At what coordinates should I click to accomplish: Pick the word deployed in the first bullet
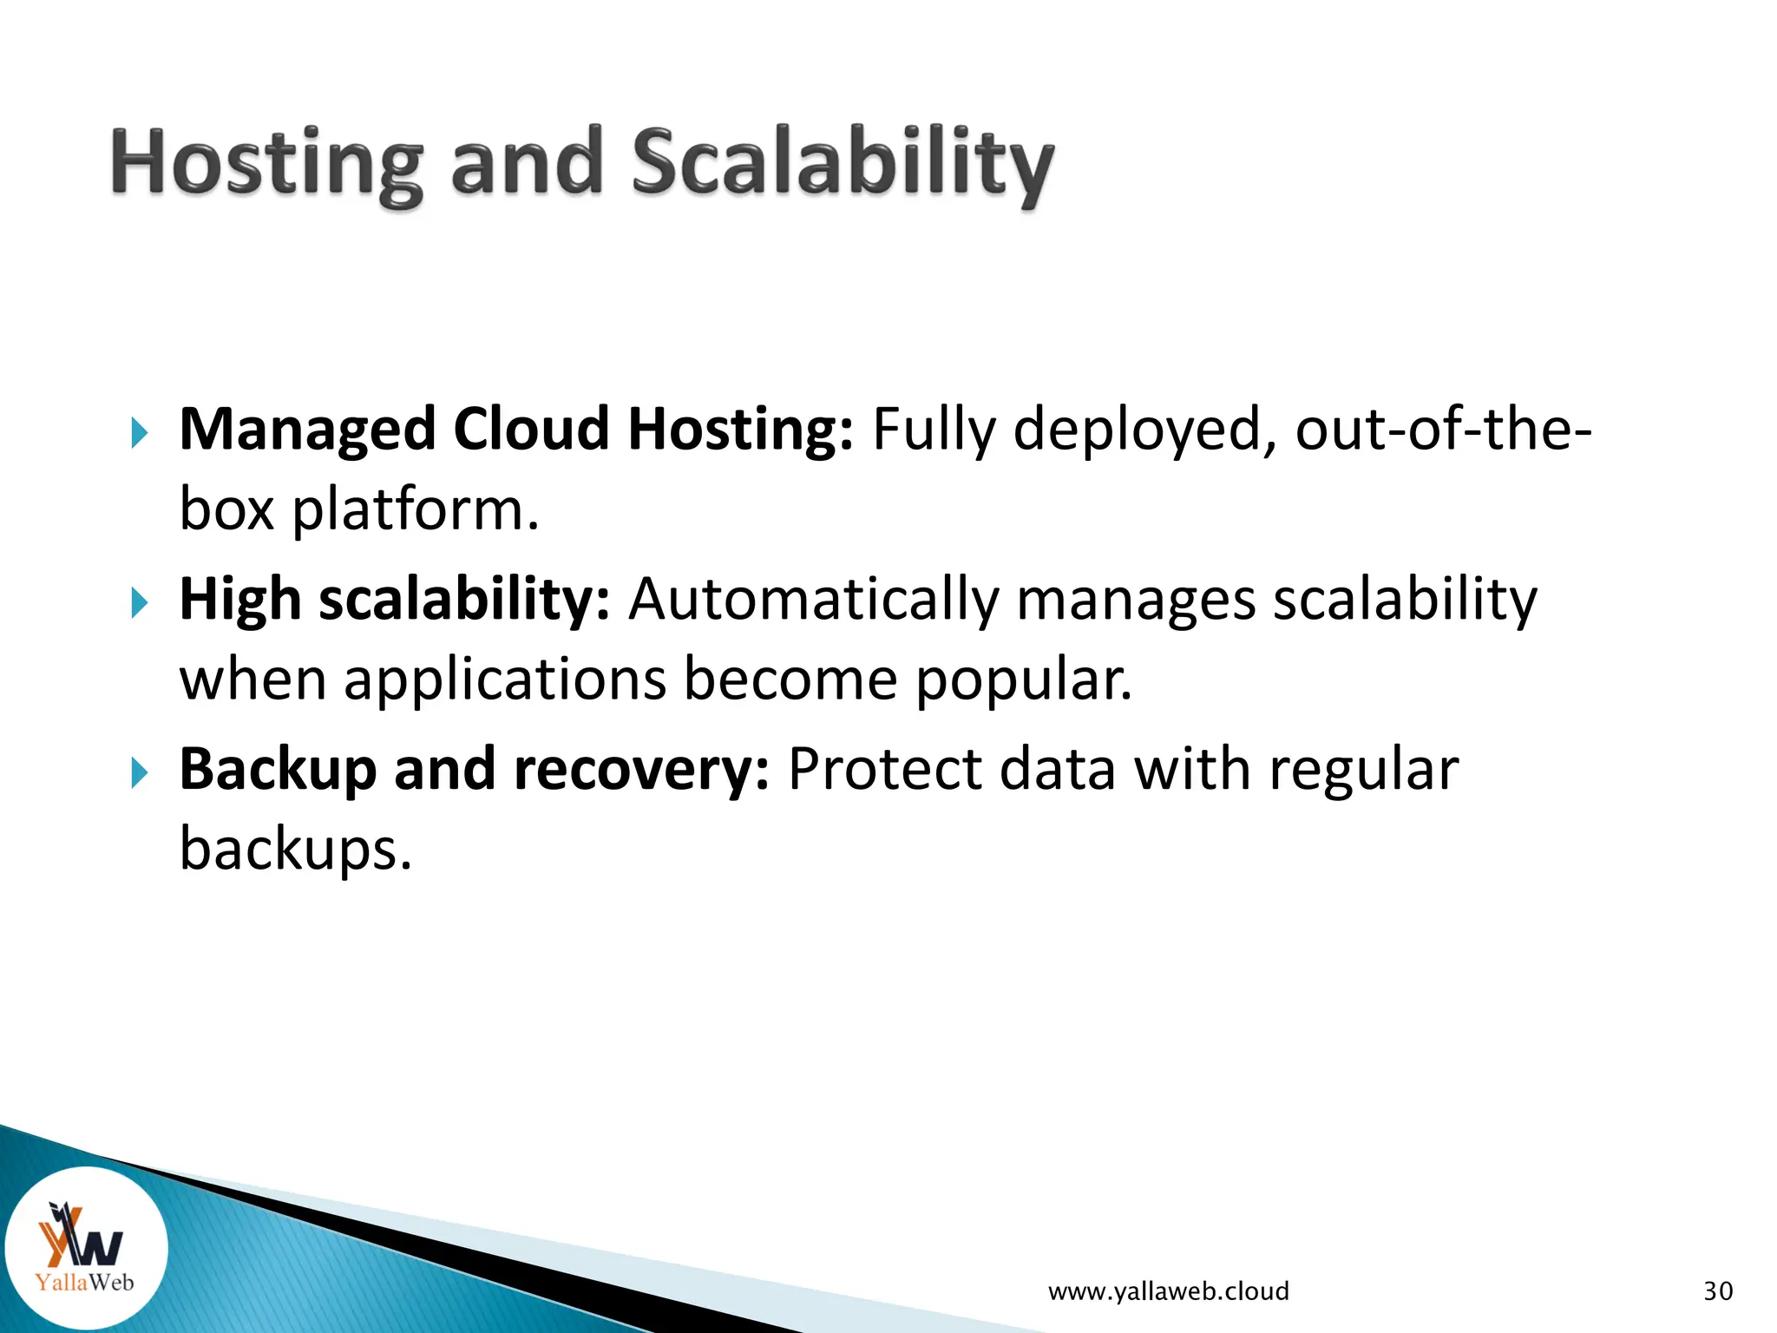[x=1138, y=430]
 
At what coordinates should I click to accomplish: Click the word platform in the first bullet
[x=415, y=510]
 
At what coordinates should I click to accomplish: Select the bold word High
[x=240, y=600]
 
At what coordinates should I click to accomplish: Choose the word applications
[x=505, y=680]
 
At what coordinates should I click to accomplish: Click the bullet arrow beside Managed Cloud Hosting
[x=140, y=432]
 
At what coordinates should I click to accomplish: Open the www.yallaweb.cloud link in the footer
[x=1168, y=1291]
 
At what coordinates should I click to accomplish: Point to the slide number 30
[x=1718, y=1291]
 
